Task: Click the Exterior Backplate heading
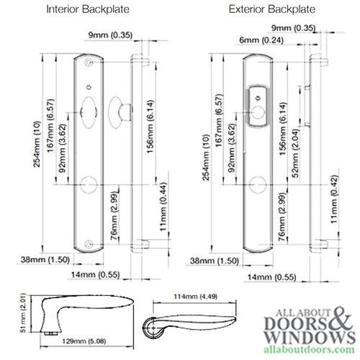tap(262, 10)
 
